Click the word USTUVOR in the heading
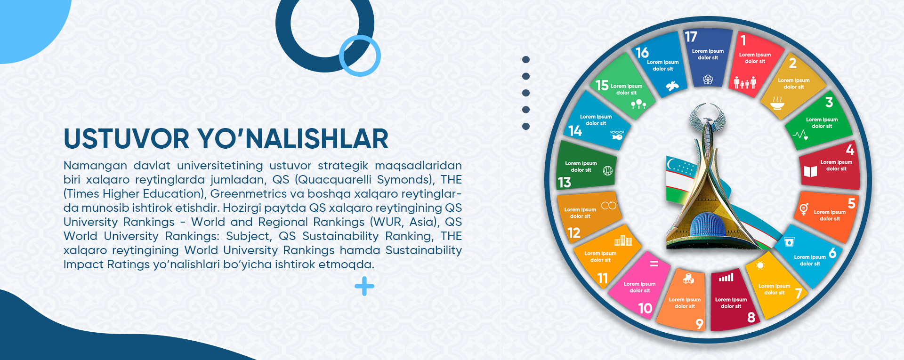127,139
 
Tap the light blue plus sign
364,286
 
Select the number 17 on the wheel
691,37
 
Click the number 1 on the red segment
743,40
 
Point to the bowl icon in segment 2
777,103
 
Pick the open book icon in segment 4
810,171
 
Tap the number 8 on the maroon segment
751,318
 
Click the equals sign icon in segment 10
654,264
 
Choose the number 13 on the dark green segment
565,182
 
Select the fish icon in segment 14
617,136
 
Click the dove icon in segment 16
672,86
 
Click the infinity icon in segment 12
609,206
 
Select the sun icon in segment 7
760,265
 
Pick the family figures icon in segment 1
745,83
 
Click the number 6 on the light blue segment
832,253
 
